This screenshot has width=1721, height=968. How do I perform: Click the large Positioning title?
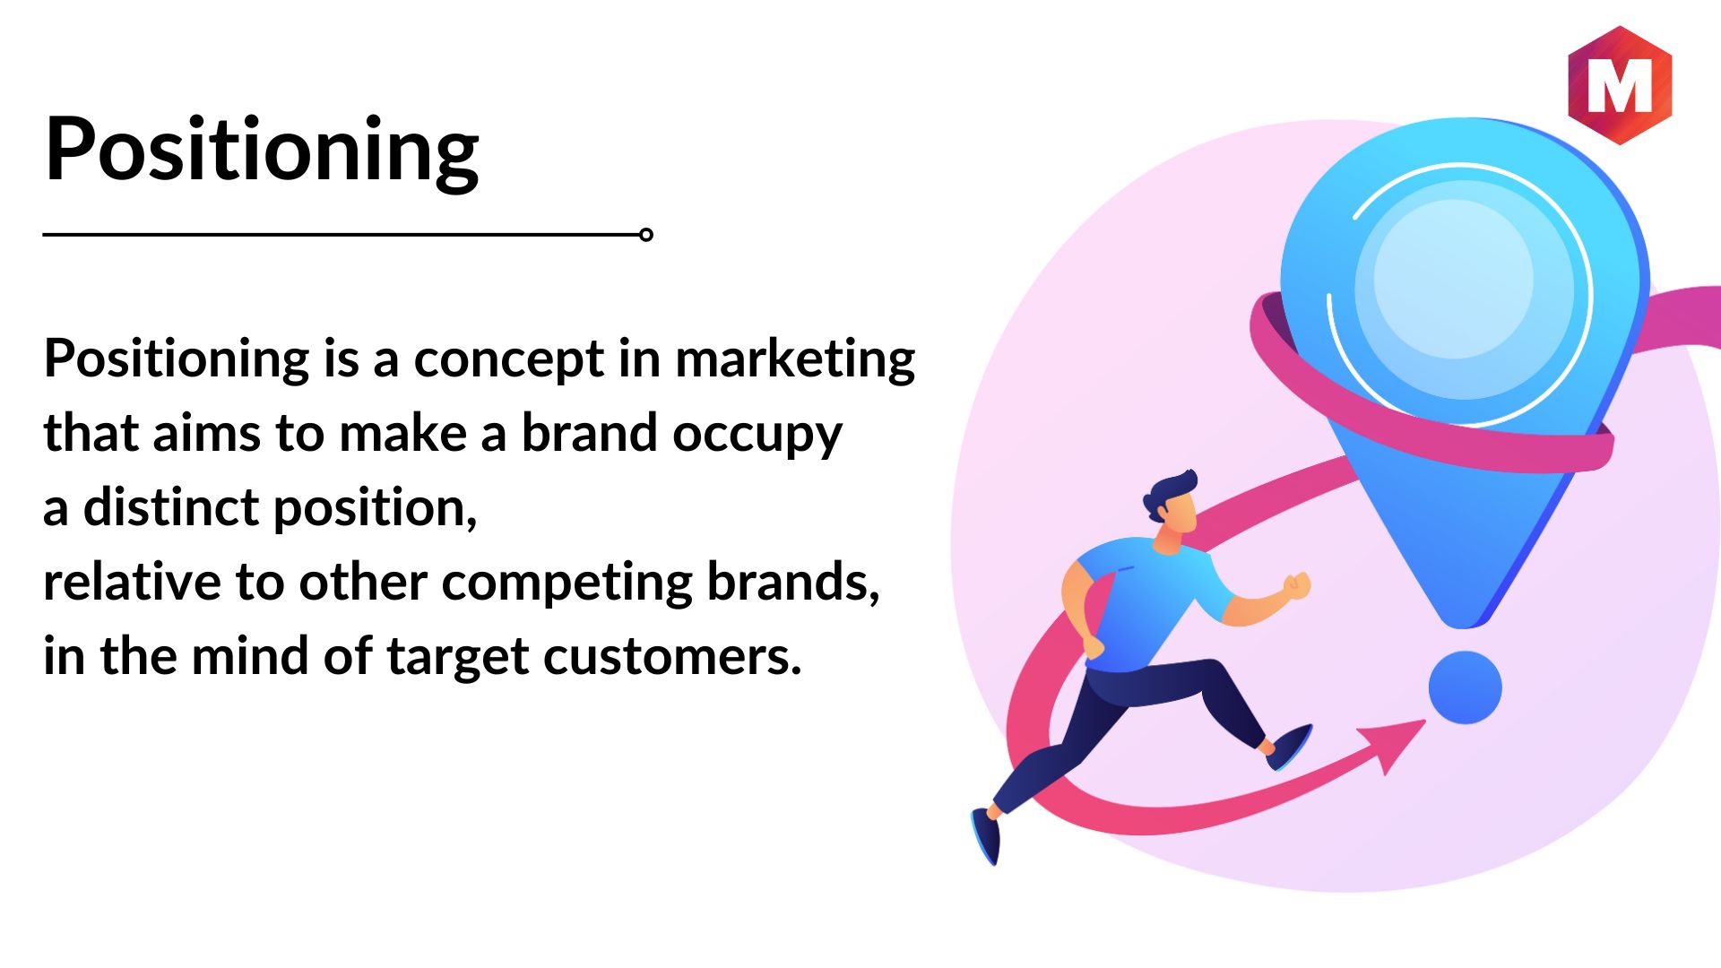tap(262, 151)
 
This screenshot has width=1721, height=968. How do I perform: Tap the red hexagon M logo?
tap(1620, 85)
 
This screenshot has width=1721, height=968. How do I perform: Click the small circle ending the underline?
tap(645, 235)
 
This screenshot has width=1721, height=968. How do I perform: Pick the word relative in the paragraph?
tap(133, 582)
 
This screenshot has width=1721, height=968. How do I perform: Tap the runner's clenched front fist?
tap(1296, 586)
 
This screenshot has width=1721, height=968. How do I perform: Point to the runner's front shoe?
tap(1290, 747)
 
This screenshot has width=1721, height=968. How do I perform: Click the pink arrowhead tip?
tap(1425, 720)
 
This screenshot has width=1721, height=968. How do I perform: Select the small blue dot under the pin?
tap(1465, 687)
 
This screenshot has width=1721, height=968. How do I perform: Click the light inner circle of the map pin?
tap(1453, 279)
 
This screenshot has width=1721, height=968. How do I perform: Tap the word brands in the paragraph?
tap(793, 582)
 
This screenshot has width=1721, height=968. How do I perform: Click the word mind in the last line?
tap(249, 657)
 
